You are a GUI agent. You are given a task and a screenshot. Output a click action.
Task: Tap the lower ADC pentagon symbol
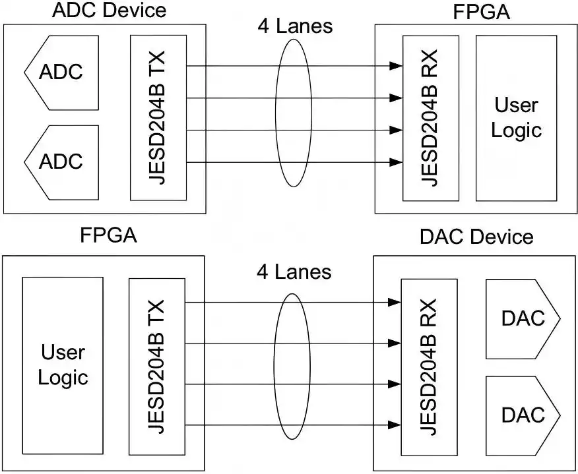click(x=61, y=162)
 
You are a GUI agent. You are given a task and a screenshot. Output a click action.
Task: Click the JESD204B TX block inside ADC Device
click(x=158, y=117)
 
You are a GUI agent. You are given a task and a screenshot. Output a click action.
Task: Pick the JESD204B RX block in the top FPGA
click(x=430, y=117)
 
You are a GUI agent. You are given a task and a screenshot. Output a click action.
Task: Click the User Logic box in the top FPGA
click(x=516, y=117)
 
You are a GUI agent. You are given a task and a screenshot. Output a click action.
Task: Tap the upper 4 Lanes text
click(x=295, y=26)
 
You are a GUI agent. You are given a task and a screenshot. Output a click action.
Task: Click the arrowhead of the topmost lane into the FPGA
click(x=396, y=66)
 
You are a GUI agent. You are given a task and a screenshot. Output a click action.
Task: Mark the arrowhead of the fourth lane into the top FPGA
click(x=396, y=162)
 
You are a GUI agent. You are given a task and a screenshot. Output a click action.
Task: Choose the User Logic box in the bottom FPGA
click(x=63, y=364)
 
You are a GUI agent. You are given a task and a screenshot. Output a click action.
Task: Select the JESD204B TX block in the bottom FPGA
click(x=157, y=365)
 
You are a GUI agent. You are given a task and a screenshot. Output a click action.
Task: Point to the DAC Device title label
click(x=476, y=236)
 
